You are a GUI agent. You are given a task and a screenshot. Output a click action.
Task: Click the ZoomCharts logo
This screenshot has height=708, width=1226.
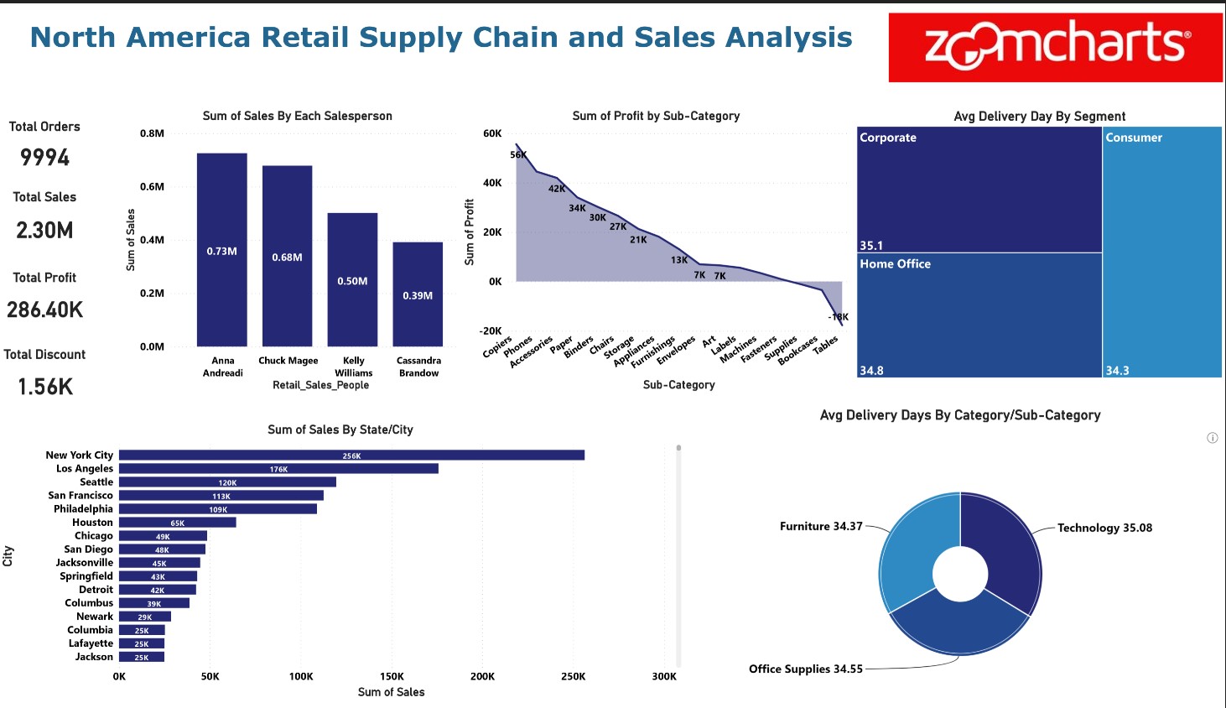(1055, 47)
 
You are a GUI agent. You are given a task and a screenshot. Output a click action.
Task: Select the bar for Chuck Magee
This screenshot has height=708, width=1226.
(287, 256)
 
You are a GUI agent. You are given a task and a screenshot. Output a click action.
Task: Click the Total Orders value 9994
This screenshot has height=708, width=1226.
(45, 158)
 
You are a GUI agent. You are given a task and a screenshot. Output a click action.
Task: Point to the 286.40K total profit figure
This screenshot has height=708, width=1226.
(45, 310)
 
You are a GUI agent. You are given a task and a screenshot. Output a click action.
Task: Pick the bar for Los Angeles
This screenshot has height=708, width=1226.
(278, 469)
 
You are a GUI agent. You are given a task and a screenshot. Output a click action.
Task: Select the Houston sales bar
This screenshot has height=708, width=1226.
(177, 523)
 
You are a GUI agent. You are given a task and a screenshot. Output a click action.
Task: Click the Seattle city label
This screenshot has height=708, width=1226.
(96, 482)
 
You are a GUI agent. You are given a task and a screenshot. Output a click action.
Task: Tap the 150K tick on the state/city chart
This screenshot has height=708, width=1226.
(392, 676)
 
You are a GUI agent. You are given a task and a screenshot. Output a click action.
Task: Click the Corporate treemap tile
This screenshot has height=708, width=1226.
(979, 190)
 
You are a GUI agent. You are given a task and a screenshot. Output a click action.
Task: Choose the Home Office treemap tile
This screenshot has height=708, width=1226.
(979, 315)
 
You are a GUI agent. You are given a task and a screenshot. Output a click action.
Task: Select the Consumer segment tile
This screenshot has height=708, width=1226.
(1161, 252)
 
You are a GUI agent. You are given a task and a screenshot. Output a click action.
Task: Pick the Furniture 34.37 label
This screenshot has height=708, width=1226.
(821, 527)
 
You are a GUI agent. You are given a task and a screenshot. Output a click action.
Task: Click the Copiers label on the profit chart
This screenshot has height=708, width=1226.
(497, 346)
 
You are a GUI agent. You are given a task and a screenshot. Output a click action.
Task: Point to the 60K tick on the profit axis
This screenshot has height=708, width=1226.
(492, 133)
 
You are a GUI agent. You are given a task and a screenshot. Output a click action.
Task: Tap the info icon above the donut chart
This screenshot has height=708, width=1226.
(1212, 438)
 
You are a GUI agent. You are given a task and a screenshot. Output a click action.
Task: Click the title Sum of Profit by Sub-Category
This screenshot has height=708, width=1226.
(656, 116)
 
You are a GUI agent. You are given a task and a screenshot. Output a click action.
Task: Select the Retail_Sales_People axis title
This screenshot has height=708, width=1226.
(320, 385)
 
